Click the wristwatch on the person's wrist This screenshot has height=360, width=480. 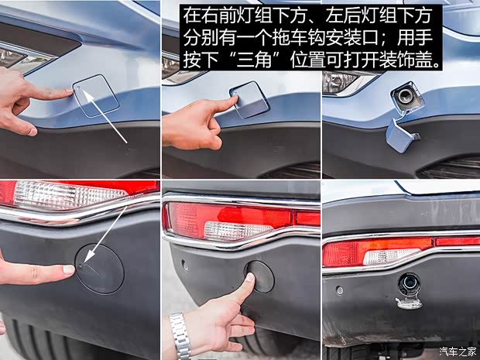180,335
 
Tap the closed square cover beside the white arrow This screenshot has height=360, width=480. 97,95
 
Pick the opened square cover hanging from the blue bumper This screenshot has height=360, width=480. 402,134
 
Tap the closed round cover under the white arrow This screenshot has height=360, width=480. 99,268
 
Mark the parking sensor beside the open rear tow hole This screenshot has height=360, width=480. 339,290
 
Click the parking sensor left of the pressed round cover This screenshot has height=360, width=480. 185,266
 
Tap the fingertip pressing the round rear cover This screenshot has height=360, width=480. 249,279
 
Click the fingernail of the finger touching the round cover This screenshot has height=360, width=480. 69,269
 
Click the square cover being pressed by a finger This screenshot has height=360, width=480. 249,98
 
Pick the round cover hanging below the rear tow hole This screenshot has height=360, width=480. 409,303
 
